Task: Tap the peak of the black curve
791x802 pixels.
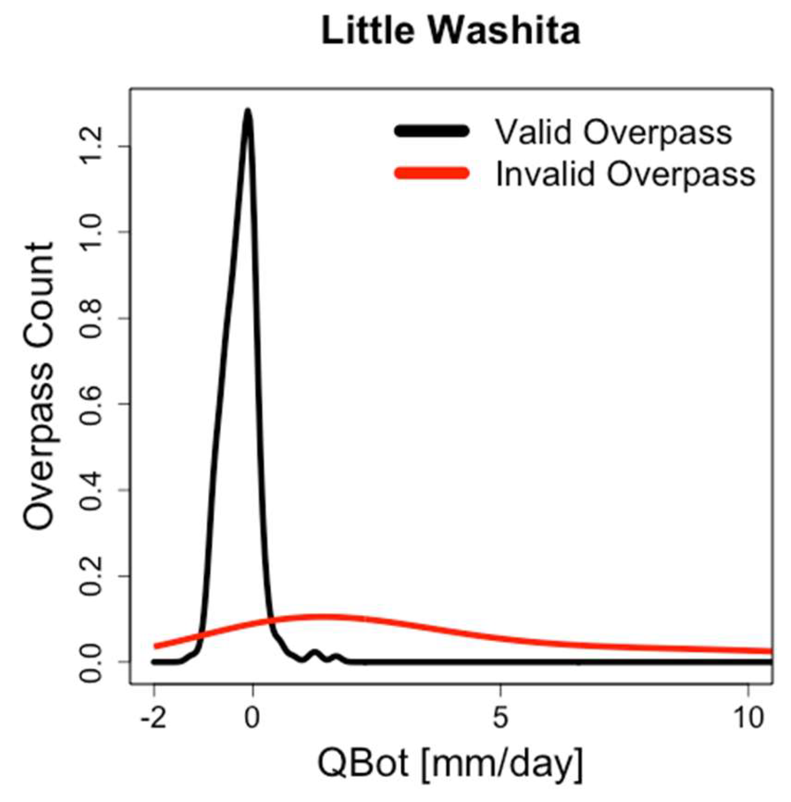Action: (x=247, y=111)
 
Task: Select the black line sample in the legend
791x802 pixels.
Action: (x=431, y=131)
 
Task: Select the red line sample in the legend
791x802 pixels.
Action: (x=431, y=173)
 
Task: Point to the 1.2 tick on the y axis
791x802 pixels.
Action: (x=91, y=146)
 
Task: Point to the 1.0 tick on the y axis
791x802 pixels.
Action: (x=91, y=232)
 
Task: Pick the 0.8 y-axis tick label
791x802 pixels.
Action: (x=91, y=318)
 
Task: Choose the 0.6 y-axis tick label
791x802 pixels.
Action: (x=91, y=404)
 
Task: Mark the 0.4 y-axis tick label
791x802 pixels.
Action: (x=91, y=490)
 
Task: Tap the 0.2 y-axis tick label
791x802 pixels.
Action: (x=91, y=576)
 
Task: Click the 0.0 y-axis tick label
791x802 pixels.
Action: (x=91, y=662)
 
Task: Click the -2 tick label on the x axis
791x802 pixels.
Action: (x=154, y=718)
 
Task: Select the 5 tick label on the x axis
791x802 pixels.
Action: (x=500, y=718)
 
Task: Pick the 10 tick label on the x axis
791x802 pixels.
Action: (x=749, y=718)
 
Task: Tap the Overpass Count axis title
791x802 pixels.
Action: (x=38, y=386)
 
